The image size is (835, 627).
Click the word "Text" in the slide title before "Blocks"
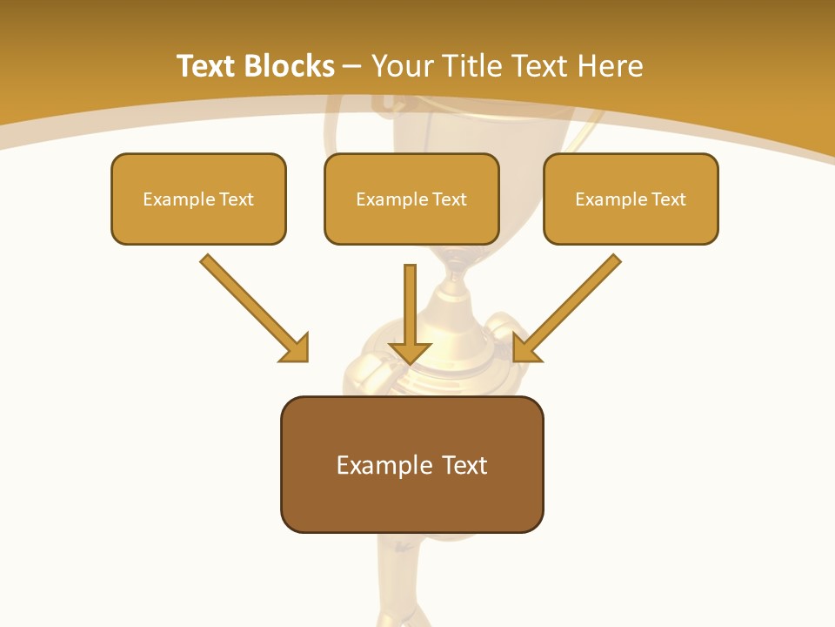206,66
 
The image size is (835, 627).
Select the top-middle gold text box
411,223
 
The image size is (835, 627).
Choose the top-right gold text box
631,223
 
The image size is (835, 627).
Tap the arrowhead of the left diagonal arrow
296,349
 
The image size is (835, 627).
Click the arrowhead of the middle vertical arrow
410,352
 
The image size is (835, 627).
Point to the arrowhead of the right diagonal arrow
526,348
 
